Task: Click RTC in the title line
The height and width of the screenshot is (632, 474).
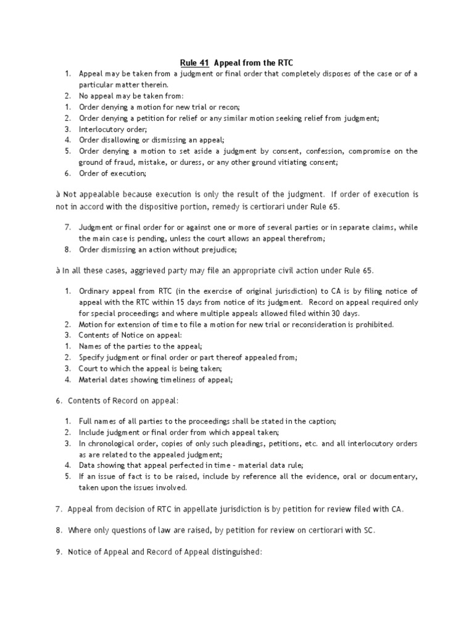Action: [284, 62]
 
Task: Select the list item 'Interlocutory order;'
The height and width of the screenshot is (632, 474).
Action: [113, 129]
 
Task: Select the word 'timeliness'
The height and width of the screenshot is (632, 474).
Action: [172, 380]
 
